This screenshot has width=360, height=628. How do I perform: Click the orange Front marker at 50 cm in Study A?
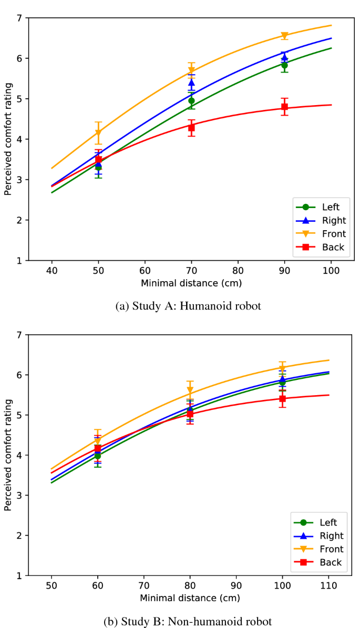coord(98,133)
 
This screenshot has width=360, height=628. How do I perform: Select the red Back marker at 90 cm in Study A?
coord(284,107)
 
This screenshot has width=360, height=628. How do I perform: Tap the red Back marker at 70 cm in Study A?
coord(191,128)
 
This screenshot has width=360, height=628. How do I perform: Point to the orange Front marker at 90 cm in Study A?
coord(284,36)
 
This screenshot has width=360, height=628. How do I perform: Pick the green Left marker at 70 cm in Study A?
coord(191,100)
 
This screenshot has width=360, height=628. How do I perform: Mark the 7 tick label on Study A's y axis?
coord(19,18)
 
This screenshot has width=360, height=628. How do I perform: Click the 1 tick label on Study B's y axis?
coord(19,576)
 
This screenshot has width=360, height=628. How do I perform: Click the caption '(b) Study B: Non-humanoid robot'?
coord(188,622)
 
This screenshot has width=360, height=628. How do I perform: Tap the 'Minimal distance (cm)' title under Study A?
coord(191,283)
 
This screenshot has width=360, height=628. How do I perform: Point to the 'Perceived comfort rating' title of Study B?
coord(7,455)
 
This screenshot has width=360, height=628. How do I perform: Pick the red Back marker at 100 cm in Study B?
coord(282,398)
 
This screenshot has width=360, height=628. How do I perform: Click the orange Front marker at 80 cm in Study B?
coord(190,390)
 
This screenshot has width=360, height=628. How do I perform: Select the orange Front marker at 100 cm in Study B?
coord(282,368)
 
